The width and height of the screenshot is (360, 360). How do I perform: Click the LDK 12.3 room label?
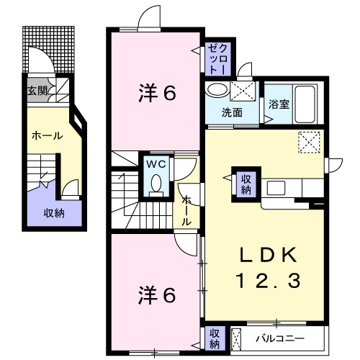pos(268,268)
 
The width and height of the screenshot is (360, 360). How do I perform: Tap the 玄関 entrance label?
pos(37,91)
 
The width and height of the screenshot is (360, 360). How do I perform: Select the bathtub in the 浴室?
pos(305,104)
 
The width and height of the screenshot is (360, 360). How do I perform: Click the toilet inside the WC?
pos(156,186)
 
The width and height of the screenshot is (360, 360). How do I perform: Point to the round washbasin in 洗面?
pos(217,90)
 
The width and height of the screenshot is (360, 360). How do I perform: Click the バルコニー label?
pos(280,339)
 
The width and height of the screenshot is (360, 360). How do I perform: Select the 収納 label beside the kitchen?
pos(246,184)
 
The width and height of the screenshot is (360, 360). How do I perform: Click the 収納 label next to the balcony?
pos(215,339)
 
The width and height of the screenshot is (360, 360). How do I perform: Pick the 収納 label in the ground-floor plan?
pos(54,213)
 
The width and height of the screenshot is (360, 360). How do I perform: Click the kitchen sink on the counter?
pos(276,188)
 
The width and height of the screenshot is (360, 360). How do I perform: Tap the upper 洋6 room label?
pos(157,93)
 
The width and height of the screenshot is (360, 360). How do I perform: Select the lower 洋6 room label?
pos(157,295)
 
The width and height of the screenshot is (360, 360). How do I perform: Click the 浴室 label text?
pos(279,104)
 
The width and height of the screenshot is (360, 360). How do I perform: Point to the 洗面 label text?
pos(232,112)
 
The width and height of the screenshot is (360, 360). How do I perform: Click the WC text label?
pos(156,164)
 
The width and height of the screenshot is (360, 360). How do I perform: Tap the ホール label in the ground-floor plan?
pos(47,136)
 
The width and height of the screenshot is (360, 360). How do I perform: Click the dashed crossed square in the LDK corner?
pos(309,142)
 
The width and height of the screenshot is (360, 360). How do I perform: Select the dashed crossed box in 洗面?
pos(243,91)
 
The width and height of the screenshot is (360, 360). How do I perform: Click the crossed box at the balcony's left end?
pos(235,339)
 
